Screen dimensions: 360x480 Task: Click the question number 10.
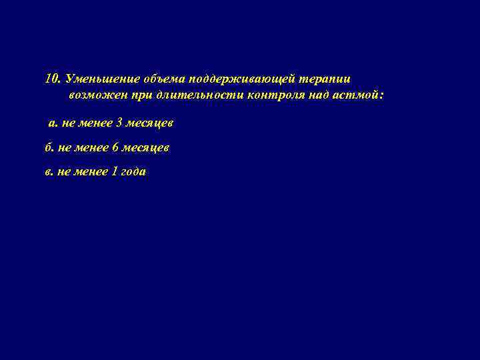point(53,79)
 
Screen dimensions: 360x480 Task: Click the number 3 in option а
point(120,124)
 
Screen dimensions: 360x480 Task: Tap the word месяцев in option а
point(150,124)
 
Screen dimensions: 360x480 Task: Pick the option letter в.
point(49,171)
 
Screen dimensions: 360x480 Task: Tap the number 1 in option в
point(115,171)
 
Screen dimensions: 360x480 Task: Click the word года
point(134,171)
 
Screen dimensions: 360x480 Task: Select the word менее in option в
point(91,171)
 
